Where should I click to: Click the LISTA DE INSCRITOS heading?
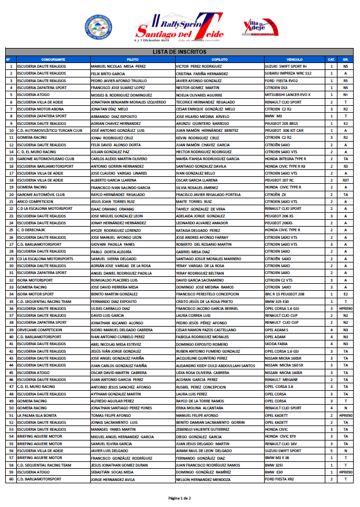coord(180,52)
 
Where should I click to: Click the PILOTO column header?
coord(132,60)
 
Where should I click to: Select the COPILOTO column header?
coord(219,60)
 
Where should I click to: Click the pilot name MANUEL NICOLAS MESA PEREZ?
coord(118,66)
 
